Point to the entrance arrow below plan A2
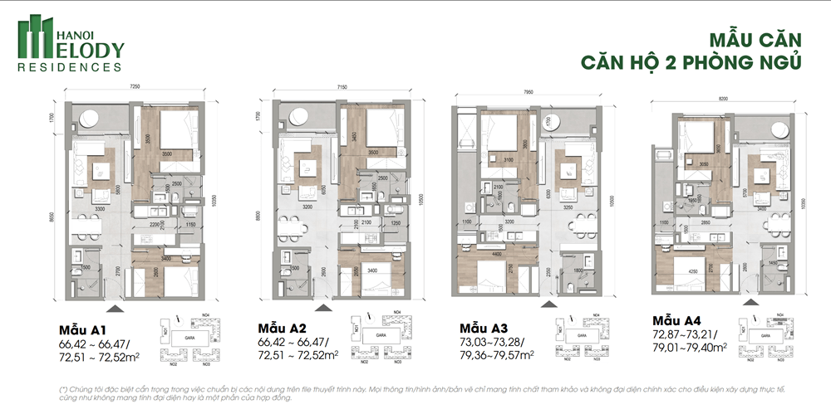coord(323,307)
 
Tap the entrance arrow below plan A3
coord(548,304)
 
